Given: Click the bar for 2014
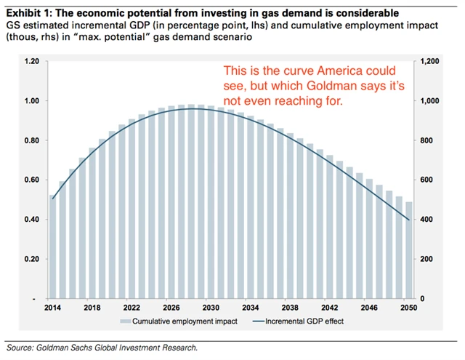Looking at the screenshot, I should coord(52,247).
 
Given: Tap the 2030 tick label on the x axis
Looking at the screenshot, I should coord(210,308).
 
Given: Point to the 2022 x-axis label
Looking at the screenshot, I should coord(131,308).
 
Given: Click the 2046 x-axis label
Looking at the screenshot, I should coord(368,308).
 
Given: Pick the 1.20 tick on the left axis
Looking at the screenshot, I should coord(31,61).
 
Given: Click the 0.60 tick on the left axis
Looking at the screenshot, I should coord(31,180).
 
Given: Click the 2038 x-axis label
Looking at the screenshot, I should coord(289,308).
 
